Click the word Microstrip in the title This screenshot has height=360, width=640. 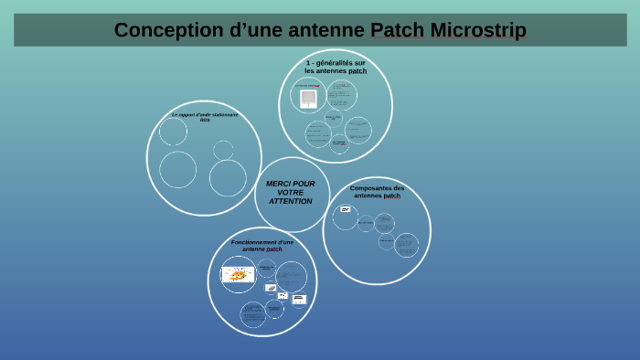click(481, 30)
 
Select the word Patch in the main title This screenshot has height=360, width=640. click(398, 30)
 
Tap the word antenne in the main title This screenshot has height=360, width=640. click(322, 30)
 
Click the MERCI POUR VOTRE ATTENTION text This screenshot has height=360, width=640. click(291, 193)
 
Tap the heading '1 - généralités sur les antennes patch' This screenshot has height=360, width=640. click(336, 67)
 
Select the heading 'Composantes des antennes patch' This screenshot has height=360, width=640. click(377, 192)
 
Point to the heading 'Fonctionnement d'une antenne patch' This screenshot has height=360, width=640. click(262, 246)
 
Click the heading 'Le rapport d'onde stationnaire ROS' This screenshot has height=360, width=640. click(205, 116)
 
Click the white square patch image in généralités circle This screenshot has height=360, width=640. click(308, 96)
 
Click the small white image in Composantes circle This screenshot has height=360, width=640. click(345, 209)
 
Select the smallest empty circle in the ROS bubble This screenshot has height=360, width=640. click(223, 150)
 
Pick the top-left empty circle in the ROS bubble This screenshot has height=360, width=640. click(173, 132)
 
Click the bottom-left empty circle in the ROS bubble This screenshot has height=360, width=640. click(177, 170)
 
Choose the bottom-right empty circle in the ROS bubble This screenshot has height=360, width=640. click(228, 178)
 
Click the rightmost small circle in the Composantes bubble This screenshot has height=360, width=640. click(406, 245)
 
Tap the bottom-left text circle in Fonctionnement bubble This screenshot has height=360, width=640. click(253, 314)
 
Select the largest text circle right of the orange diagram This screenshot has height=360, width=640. click(291, 276)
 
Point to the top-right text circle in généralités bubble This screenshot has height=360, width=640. click(342, 94)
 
